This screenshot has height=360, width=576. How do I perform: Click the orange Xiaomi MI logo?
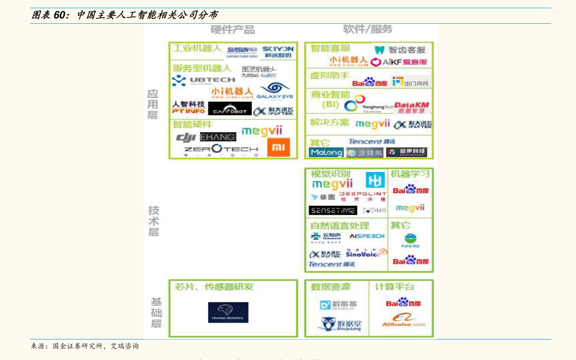point(279,147)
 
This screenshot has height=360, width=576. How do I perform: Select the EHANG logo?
point(218,137)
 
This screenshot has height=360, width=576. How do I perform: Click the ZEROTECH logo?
point(221,149)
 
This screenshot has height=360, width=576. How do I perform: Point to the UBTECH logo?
point(203,80)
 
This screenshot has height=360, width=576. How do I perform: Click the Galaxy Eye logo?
point(275,90)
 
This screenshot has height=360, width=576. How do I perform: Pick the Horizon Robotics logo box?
point(228,313)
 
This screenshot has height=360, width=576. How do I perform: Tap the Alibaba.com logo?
point(404,320)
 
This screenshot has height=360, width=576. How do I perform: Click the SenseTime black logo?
point(333,210)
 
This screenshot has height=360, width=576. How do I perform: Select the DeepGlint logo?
point(362,196)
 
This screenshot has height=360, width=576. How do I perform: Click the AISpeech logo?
point(367,236)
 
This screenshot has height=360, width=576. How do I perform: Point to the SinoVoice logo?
point(366,253)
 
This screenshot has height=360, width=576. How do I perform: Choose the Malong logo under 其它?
point(326,152)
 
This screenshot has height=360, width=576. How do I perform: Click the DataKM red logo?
point(412,107)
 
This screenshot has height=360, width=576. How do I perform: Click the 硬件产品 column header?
point(233,30)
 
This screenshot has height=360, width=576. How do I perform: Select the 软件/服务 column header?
point(368,29)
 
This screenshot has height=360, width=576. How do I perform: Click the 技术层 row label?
point(153,221)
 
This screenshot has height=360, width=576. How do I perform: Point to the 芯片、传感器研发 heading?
point(214,286)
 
